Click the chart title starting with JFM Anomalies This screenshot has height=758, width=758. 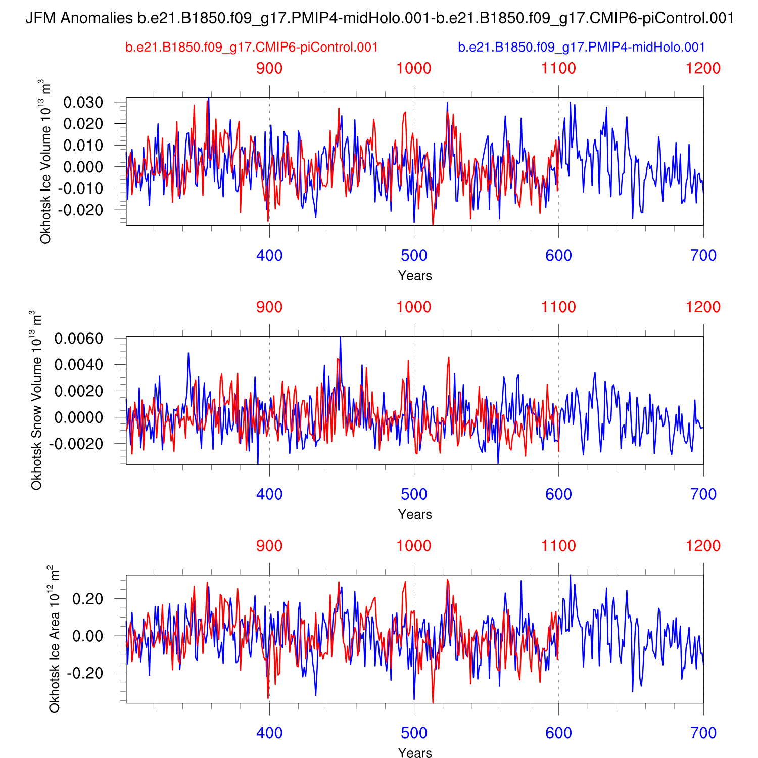click(379, 19)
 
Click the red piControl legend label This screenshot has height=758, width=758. click(252, 48)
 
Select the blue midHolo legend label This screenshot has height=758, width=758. click(581, 48)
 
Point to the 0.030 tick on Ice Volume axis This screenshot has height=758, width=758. click(83, 103)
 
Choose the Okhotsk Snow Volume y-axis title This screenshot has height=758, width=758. click(36, 400)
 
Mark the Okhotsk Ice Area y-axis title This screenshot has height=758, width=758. click(54, 639)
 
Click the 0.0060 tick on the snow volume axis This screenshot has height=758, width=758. click(79, 339)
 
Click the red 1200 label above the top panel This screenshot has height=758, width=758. click(703, 68)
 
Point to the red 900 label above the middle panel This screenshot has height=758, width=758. click(269, 307)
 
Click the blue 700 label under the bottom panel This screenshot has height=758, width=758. click(703, 733)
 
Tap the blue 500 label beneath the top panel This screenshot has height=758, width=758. click(414, 256)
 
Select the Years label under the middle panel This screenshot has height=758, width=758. click(414, 514)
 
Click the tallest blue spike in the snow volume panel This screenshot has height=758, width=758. click(340, 337)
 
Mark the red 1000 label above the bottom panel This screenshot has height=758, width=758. click(414, 546)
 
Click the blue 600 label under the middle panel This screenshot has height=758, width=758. click(558, 494)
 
